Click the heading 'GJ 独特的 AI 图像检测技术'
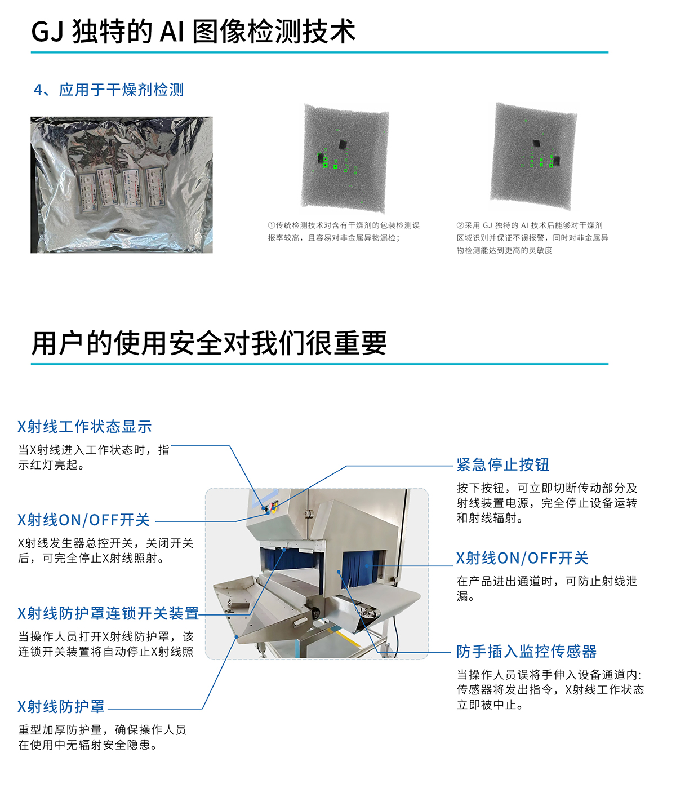click(x=193, y=31)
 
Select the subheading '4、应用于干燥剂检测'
click(x=109, y=90)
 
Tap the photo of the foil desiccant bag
click(x=122, y=184)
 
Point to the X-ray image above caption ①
click(x=345, y=158)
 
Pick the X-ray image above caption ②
click(x=533, y=156)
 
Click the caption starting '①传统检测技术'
click(x=343, y=232)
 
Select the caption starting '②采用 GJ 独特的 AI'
click(x=532, y=237)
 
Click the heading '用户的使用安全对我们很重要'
click(x=209, y=343)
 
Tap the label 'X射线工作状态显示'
click(x=84, y=427)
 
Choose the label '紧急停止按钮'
click(x=503, y=464)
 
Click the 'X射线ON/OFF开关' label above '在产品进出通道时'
click(x=522, y=558)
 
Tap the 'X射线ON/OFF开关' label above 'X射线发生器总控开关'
click(x=84, y=520)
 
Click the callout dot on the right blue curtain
click(x=367, y=566)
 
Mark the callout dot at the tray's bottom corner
click(x=236, y=637)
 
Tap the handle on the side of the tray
click(x=300, y=622)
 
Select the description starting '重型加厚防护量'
click(x=102, y=737)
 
